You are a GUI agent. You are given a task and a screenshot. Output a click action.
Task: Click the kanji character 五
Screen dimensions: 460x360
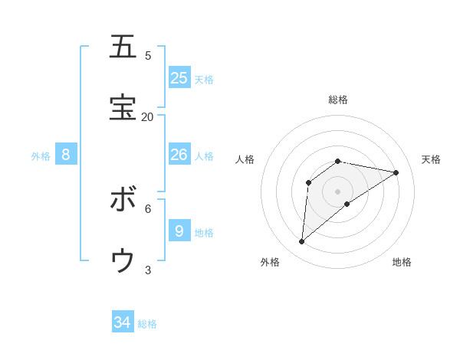[x=123, y=47]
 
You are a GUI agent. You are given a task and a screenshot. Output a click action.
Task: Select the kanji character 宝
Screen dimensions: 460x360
[x=123, y=108]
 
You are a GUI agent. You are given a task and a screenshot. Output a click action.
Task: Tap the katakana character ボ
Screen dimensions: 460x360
[x=123, y=200]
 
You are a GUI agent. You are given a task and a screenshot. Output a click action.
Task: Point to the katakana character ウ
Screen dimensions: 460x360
[x=123, y=261]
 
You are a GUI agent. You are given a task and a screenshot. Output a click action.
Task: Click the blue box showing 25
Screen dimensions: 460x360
[x=179, y=77]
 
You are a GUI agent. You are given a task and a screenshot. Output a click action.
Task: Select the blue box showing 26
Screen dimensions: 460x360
[x=179, y=155]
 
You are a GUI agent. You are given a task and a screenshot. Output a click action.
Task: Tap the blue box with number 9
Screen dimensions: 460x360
[x=179, y=231]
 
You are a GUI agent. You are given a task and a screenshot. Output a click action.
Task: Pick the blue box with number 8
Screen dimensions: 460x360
[x=66, y=155]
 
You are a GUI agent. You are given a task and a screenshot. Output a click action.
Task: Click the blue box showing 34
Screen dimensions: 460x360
[x=123, y=322]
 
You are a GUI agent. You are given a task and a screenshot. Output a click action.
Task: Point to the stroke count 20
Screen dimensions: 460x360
[x=147, y=116]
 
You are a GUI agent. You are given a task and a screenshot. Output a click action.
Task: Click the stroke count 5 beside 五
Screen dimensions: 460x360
[x=148, y=55]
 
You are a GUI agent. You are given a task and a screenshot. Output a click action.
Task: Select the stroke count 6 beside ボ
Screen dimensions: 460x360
[x=148, y=208]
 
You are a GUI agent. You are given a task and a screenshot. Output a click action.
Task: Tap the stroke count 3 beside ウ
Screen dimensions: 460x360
[x=148, y=270]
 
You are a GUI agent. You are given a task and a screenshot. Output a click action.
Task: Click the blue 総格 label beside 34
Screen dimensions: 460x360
[x=147, y=324]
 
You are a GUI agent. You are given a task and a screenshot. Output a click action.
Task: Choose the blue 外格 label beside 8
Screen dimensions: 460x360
[x=41, y=156]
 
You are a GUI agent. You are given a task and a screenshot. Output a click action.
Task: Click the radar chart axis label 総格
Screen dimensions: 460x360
[x=338, y=100]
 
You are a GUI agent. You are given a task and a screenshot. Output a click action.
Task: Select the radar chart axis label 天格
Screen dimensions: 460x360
[x=431, y=159]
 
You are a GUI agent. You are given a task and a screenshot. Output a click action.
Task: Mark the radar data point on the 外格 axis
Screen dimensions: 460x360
[x=301, y=242]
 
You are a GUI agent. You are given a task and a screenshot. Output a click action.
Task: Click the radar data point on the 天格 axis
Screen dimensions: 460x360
[x=396, y=172]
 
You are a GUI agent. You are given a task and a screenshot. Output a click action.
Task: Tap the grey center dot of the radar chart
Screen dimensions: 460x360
[x=338, y=191]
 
